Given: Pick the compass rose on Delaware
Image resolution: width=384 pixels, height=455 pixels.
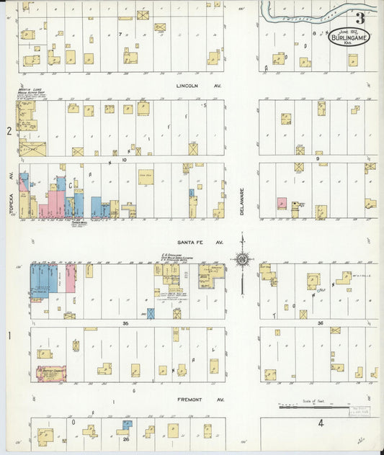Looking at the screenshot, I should click(x=243, y=259).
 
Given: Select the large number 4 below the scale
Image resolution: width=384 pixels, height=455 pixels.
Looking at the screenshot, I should click(x=321, y=424).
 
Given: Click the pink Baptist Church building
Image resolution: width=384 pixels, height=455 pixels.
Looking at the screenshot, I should click(x=52, y=374).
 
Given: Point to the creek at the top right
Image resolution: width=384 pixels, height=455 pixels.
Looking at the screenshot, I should click(x=317, y=14).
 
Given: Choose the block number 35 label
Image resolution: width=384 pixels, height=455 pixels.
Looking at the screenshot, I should click(x=125, y=324).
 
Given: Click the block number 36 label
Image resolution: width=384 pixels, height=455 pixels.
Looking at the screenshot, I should click(x=320, y=323).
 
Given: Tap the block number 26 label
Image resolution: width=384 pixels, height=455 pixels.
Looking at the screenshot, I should click(x=125, y=439).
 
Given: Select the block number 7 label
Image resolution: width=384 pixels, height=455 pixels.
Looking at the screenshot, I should click(x=120, y=34).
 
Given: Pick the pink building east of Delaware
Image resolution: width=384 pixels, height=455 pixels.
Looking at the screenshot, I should click(x=282, y=204).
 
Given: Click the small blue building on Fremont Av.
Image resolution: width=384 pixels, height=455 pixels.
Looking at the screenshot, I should click(x=128, y=425).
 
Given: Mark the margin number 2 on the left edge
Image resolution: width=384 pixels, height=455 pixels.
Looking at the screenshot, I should click(x=9, y=131).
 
